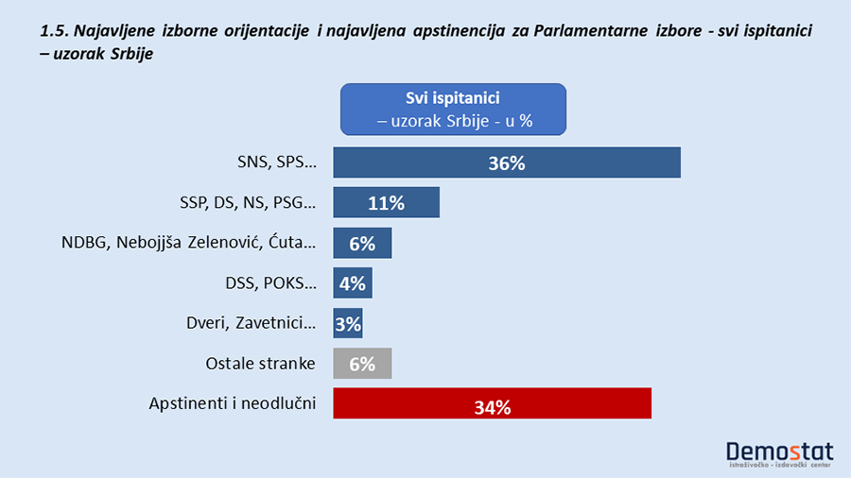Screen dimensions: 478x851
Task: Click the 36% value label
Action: coord(507,162)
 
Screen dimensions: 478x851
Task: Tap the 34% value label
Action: coord(492,408)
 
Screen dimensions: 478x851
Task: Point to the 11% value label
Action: coord(386,202)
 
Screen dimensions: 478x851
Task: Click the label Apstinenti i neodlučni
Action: coord(233,404)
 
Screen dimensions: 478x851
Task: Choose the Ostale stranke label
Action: coord(260,364)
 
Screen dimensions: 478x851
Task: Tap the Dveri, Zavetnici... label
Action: coord(252,324)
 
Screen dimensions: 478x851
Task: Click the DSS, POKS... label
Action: coord(267,283)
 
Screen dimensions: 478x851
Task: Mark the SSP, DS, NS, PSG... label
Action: coord(247,202)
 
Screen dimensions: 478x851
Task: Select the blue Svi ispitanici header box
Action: coord(452,109)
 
